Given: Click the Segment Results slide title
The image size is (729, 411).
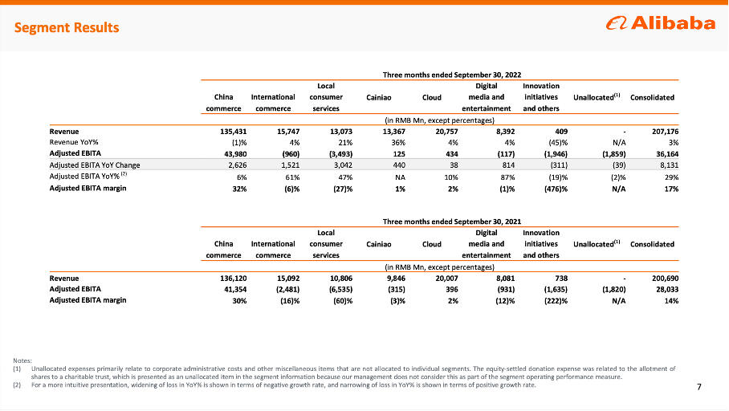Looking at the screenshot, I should (x=67, y=28).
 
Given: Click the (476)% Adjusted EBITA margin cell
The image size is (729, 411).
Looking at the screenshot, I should (x=545, y=189).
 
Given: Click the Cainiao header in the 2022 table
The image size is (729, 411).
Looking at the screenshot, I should (x=378, y=98).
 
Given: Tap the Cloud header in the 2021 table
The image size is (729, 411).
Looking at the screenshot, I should (x=431, y=244).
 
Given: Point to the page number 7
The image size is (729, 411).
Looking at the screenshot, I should (x=699, y=388).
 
